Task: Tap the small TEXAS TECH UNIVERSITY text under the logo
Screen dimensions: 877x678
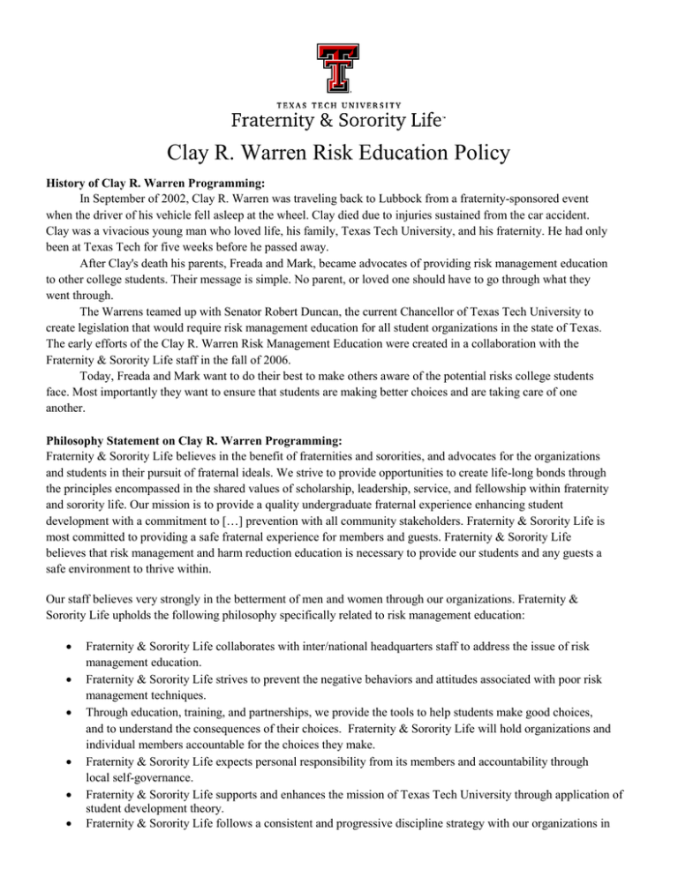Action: pos(339,105)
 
